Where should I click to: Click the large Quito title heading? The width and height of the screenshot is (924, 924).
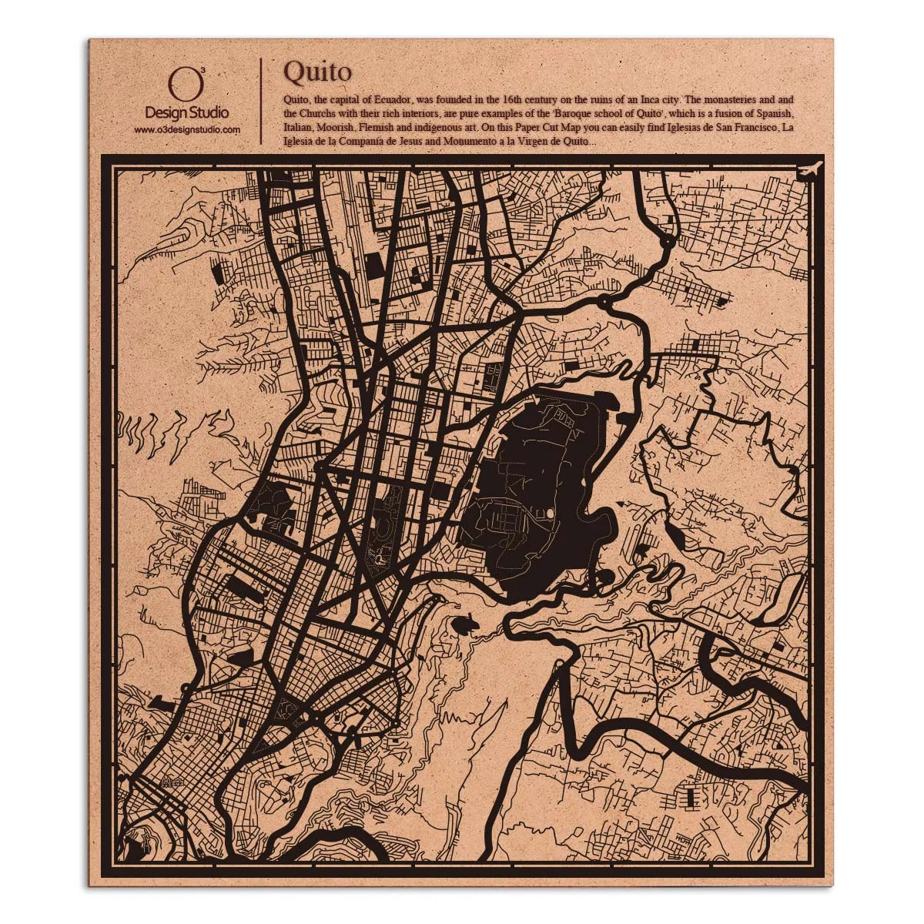pos(317,71)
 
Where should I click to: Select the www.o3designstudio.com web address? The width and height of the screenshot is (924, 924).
pos(187,130)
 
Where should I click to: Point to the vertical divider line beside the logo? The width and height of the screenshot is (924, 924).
pos(263,100)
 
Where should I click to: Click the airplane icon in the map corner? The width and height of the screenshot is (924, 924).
pos(810,169)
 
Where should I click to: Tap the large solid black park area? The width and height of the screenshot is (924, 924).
pos(539,493)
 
